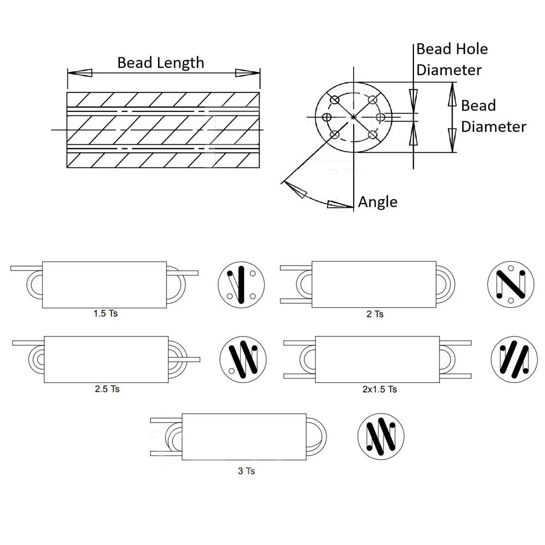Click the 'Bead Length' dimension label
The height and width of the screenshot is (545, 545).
click(x=161, y=63)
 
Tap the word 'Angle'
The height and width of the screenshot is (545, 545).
click(x=378, y=202)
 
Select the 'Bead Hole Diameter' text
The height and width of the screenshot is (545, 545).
click(x=452, y=59)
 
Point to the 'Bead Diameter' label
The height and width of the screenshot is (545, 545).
click(x=493, y=116)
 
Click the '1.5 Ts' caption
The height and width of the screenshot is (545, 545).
click(x=106, y=314)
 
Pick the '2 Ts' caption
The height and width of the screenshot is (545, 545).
click(x=375, y=314)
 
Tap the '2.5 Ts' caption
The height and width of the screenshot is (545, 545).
click(x=107, y=389)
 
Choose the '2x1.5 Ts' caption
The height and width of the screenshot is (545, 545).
click(x=380, y=389)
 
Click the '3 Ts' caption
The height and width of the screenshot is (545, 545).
click(x=246, y=471)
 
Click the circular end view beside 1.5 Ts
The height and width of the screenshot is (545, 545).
click(x=241, y=285)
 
